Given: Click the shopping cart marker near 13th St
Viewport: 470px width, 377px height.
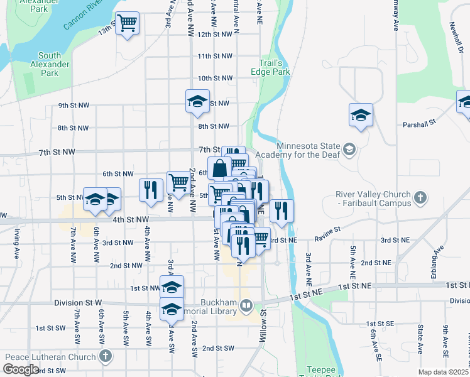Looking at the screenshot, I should click(128, 24).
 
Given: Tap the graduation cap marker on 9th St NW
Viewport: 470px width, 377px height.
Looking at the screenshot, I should click(197, 101).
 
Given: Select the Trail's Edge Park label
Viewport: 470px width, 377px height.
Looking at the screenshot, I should click(275, 67).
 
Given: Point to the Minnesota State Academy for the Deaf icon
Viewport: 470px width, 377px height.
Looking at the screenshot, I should click(350, 150).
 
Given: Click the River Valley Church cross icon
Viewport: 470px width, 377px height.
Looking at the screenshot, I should click(421, 199).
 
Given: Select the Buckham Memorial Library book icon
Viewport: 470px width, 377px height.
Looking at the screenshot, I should click(246, 306).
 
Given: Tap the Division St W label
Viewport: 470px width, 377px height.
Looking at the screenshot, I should click(78, 302).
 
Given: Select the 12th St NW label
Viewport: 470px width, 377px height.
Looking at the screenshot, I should click(215, 35).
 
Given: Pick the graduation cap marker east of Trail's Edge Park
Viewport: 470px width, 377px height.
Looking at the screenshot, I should click(361, 114).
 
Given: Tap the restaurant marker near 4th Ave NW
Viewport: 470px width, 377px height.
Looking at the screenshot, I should click(151, 190).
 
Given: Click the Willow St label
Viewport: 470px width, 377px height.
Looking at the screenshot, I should click(263, 320).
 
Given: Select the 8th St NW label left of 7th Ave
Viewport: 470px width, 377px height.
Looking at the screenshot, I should click(74, 128).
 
